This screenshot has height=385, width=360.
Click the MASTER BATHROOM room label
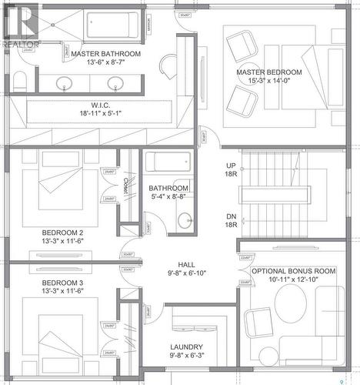pos(105,54)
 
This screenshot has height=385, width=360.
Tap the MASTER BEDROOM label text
pos(268,72)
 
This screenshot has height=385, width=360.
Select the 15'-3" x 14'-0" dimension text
pos(268,81)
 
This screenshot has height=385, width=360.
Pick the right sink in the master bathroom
pos(117,82)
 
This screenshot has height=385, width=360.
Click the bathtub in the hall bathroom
pos(168,162)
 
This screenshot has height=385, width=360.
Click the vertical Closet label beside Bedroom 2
pos(125,186)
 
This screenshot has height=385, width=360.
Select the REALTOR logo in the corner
pos(20,27)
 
